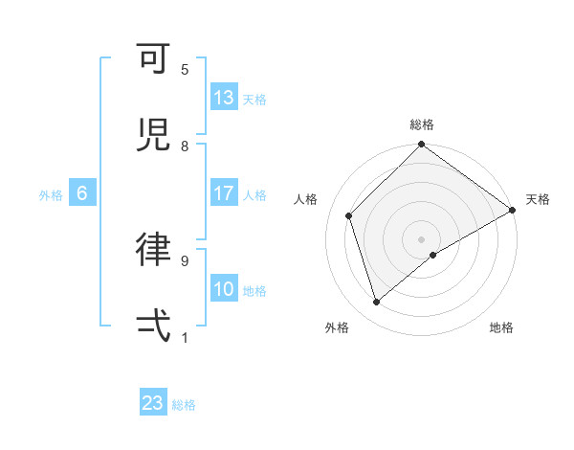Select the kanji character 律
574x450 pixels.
153,249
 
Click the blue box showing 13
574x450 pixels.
224,98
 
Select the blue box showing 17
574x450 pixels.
224,193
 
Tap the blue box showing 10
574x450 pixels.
224,289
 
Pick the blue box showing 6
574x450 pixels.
82,193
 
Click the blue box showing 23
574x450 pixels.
153,403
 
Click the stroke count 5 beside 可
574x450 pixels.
185,70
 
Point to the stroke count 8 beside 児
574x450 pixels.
185,146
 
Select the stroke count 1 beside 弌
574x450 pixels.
185,337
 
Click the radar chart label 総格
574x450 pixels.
422,124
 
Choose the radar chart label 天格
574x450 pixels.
538,199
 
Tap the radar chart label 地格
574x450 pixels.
501,328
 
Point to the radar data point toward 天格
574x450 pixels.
513,210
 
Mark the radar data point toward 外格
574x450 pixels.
377,303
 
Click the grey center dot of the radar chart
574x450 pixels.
422,239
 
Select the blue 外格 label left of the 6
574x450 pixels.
51,194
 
